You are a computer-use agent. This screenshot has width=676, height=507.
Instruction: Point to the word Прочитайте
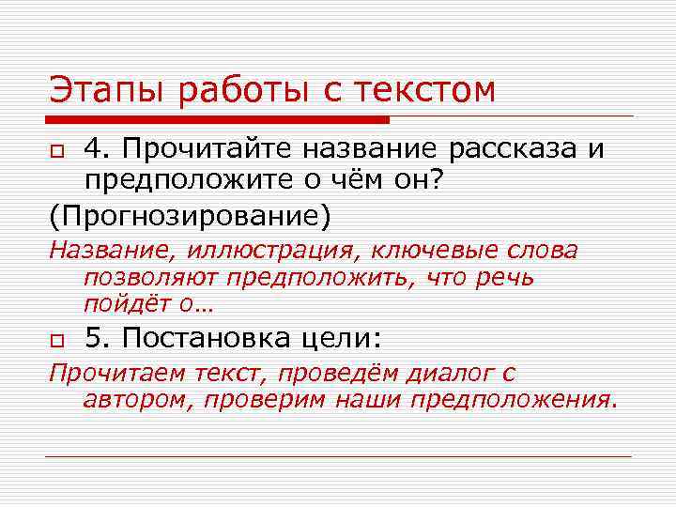pyautogui.click(x=192, y=150)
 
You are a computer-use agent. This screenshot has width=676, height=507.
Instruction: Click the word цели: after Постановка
pyautogui.click(x=347, y=338)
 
